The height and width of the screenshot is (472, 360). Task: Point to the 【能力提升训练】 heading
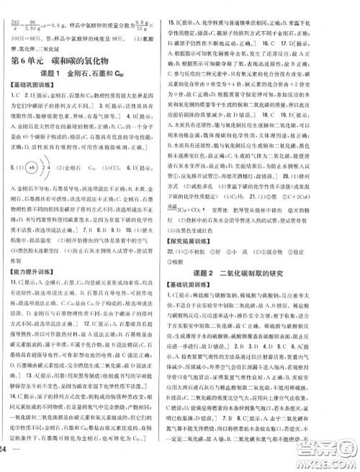[x=35, y=292]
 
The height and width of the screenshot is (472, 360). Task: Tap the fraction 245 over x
[x=12, y=6]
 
